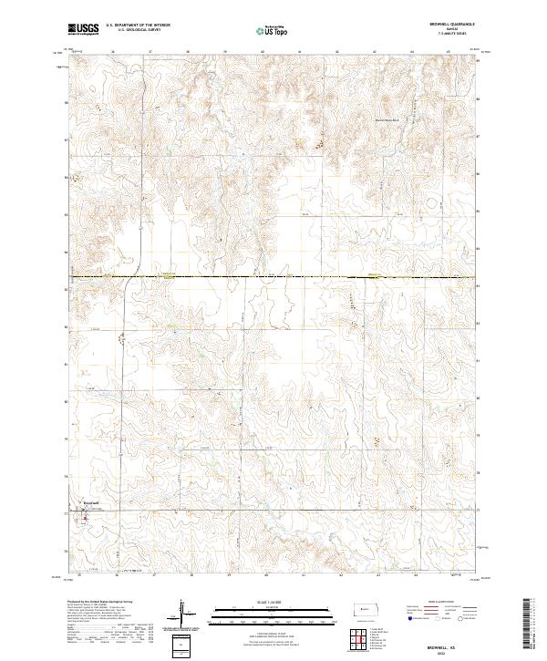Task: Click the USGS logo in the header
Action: tap(83, 30)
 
